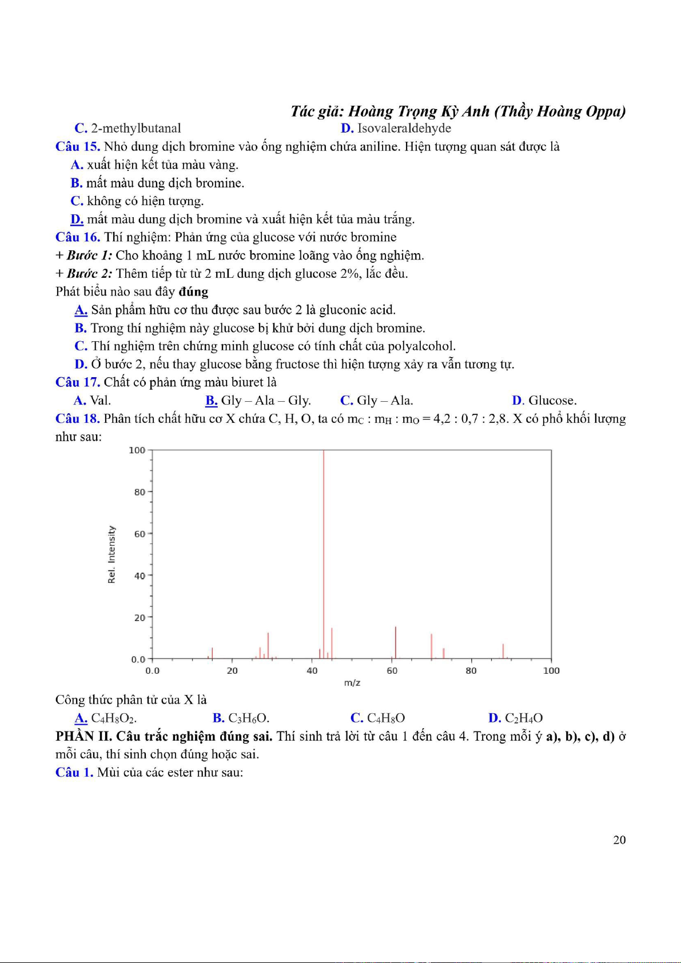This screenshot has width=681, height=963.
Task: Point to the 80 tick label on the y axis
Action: pos(140,492)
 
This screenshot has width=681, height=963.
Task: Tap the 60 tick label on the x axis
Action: pos(392,671)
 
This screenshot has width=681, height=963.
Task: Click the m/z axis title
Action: pos(352,683)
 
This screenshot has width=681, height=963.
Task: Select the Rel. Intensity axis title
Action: pos(111,554)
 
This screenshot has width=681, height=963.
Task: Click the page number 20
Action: pos(619,840)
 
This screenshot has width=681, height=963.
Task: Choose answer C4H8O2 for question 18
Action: pos(113,718)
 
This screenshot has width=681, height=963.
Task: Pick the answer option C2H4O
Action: pos(523,718)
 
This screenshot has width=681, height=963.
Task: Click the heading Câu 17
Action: pos(78,382)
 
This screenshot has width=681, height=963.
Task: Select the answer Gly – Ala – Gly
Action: pos(265,401)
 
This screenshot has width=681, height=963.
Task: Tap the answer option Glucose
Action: pos(552,401)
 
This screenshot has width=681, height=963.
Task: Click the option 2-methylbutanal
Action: pos(136,129)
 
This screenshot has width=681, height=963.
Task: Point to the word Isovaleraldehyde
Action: pos(404,129)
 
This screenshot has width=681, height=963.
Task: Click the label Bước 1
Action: pos(89,255)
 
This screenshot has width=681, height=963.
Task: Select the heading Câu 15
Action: pos(78,147)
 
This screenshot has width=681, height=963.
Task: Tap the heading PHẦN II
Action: pos(83,736)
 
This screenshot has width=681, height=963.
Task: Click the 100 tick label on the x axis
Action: pos(551,671)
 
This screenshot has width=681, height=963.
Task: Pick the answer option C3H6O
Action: pos(248,718)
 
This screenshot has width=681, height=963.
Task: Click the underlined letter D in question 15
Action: pos(77,219)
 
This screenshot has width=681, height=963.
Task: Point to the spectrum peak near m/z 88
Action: pos(503,652)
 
